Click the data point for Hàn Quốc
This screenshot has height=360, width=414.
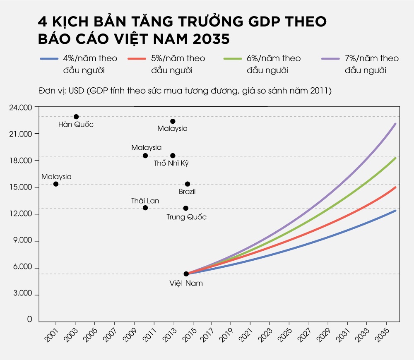[x=76, y=117]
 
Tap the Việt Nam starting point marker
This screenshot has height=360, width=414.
[x=186, y=274]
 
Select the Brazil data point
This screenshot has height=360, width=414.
[x=188, y=184]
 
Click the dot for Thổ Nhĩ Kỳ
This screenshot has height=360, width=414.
[x=173, y=156]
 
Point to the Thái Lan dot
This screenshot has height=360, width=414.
[x=145, y=208]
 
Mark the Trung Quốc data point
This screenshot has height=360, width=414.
[x=186, y=208]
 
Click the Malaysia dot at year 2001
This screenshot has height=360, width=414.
[x=56, y=184]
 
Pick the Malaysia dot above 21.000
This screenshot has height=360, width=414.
[x=173, y=121]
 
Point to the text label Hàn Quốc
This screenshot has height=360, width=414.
[x=76, y=125]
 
